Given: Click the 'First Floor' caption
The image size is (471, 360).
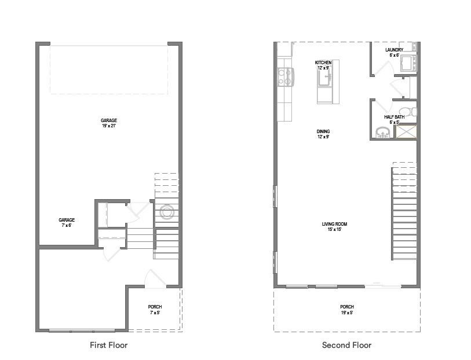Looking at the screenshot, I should pyautogui.click(x=108, y=345).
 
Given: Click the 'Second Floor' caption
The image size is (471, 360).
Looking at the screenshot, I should pyautogui.click(x=346, y=345).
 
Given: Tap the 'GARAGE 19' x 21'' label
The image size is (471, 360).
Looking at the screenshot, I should pyautogui.click(x=108, y=123).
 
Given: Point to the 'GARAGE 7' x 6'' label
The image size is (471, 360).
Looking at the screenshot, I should pyautogui.click(x=67, y=222).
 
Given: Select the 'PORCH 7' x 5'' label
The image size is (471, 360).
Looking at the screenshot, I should pyautogui.click(x=155, y=310).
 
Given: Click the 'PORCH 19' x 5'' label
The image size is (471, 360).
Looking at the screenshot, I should pyautogui.click(x=346, y=310).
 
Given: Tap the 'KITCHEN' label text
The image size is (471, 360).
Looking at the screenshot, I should pyautogui.click(x=323, y=63).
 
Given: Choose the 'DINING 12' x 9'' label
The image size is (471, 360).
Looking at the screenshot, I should pyautogui.click(x=323, y=134).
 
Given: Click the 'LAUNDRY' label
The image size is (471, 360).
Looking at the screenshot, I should pyautogui.click(x=394, y=50).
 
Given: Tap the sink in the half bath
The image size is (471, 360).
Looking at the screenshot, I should pyautogui.click(x=381, y=133).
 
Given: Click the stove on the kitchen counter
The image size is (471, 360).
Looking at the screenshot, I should pyautogui.click(x=284, y=76).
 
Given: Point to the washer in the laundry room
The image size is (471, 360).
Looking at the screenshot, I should pyautogui.click(x=409, y=63).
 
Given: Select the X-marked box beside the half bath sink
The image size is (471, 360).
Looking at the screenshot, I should pyautogui.click(x=405, y=131).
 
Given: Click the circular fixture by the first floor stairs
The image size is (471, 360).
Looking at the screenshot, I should pyautogui.click(x=166, y=211).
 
